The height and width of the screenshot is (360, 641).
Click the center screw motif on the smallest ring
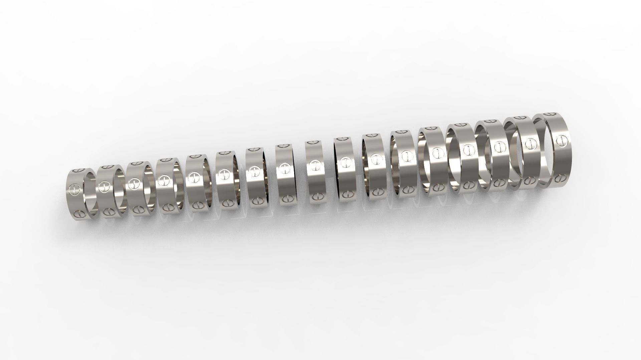[x=74, y=190]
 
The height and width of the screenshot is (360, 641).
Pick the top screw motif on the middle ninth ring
[x=312, y=142]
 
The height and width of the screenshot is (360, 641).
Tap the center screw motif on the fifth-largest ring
[x=436, y=153]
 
